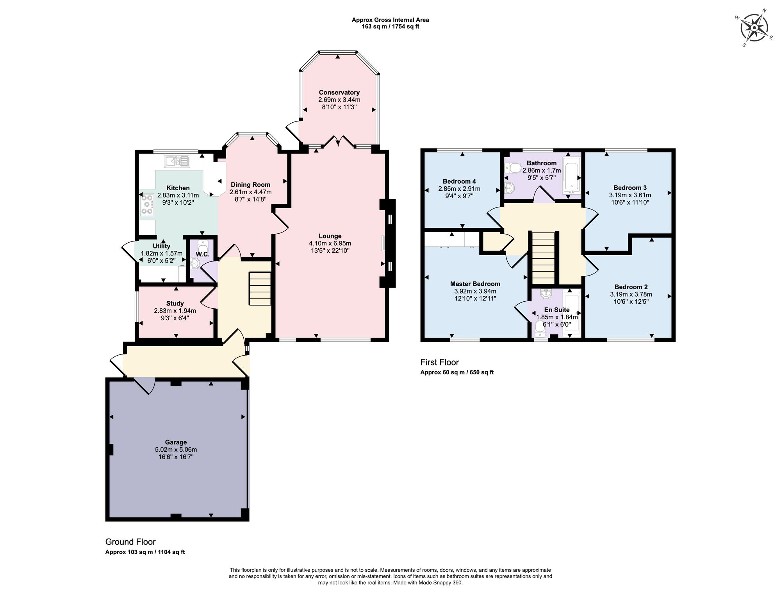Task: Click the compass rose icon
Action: point(754,28)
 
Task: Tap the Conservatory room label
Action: point(339,93)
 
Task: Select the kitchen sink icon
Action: point(177,161)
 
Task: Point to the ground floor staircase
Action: point(260,289)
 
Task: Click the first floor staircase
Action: point(543,258)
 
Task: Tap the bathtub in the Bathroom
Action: point(571,175)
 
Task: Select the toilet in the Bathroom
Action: point(513,168)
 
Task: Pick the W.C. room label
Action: point(203,254)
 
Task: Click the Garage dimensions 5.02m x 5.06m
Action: point(176,449)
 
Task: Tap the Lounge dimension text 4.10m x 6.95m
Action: point(330,243)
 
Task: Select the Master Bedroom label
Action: point(475,284)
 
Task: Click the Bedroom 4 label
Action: point(459,181)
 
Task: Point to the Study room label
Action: point(175,304)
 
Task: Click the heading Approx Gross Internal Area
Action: point(390,20)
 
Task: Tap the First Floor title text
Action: point(439,362)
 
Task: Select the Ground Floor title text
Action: point(130,542)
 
